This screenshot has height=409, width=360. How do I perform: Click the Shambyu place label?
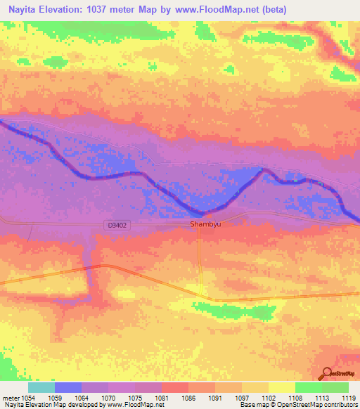pyautogui.click(x=201, y=225)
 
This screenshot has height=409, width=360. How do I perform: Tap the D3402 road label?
pyautogui.click(x=119, y=225)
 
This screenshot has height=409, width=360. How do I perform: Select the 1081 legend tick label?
pyautogui.click(x=161, y=396)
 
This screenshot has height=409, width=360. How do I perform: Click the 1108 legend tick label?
pyautogui.click(x=295, y=396)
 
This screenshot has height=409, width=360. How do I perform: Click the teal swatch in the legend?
pyautogui.click(x=41, y=387)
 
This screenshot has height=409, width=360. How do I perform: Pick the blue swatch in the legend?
pyautogui.click(x=67, y=387)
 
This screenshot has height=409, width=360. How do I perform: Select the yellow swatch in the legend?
pyautogui.click(x=281, y=387)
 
